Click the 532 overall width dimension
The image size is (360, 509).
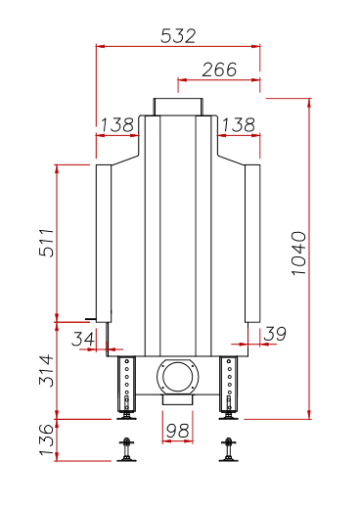[x=178, y=36]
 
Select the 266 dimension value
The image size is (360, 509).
[x=219, y=69]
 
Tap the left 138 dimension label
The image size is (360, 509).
[x=117, y=124]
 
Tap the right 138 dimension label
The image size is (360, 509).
[x=239, y=124]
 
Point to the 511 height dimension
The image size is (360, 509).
[x=47, y=243]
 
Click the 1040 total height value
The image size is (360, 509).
[x=298, y=254]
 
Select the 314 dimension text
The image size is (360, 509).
[x=47, y=370]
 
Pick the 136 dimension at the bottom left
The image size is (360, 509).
[x=47, y=440]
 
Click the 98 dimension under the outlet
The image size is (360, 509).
[x=178, y=431]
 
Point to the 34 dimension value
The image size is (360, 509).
[x=83, y=339]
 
